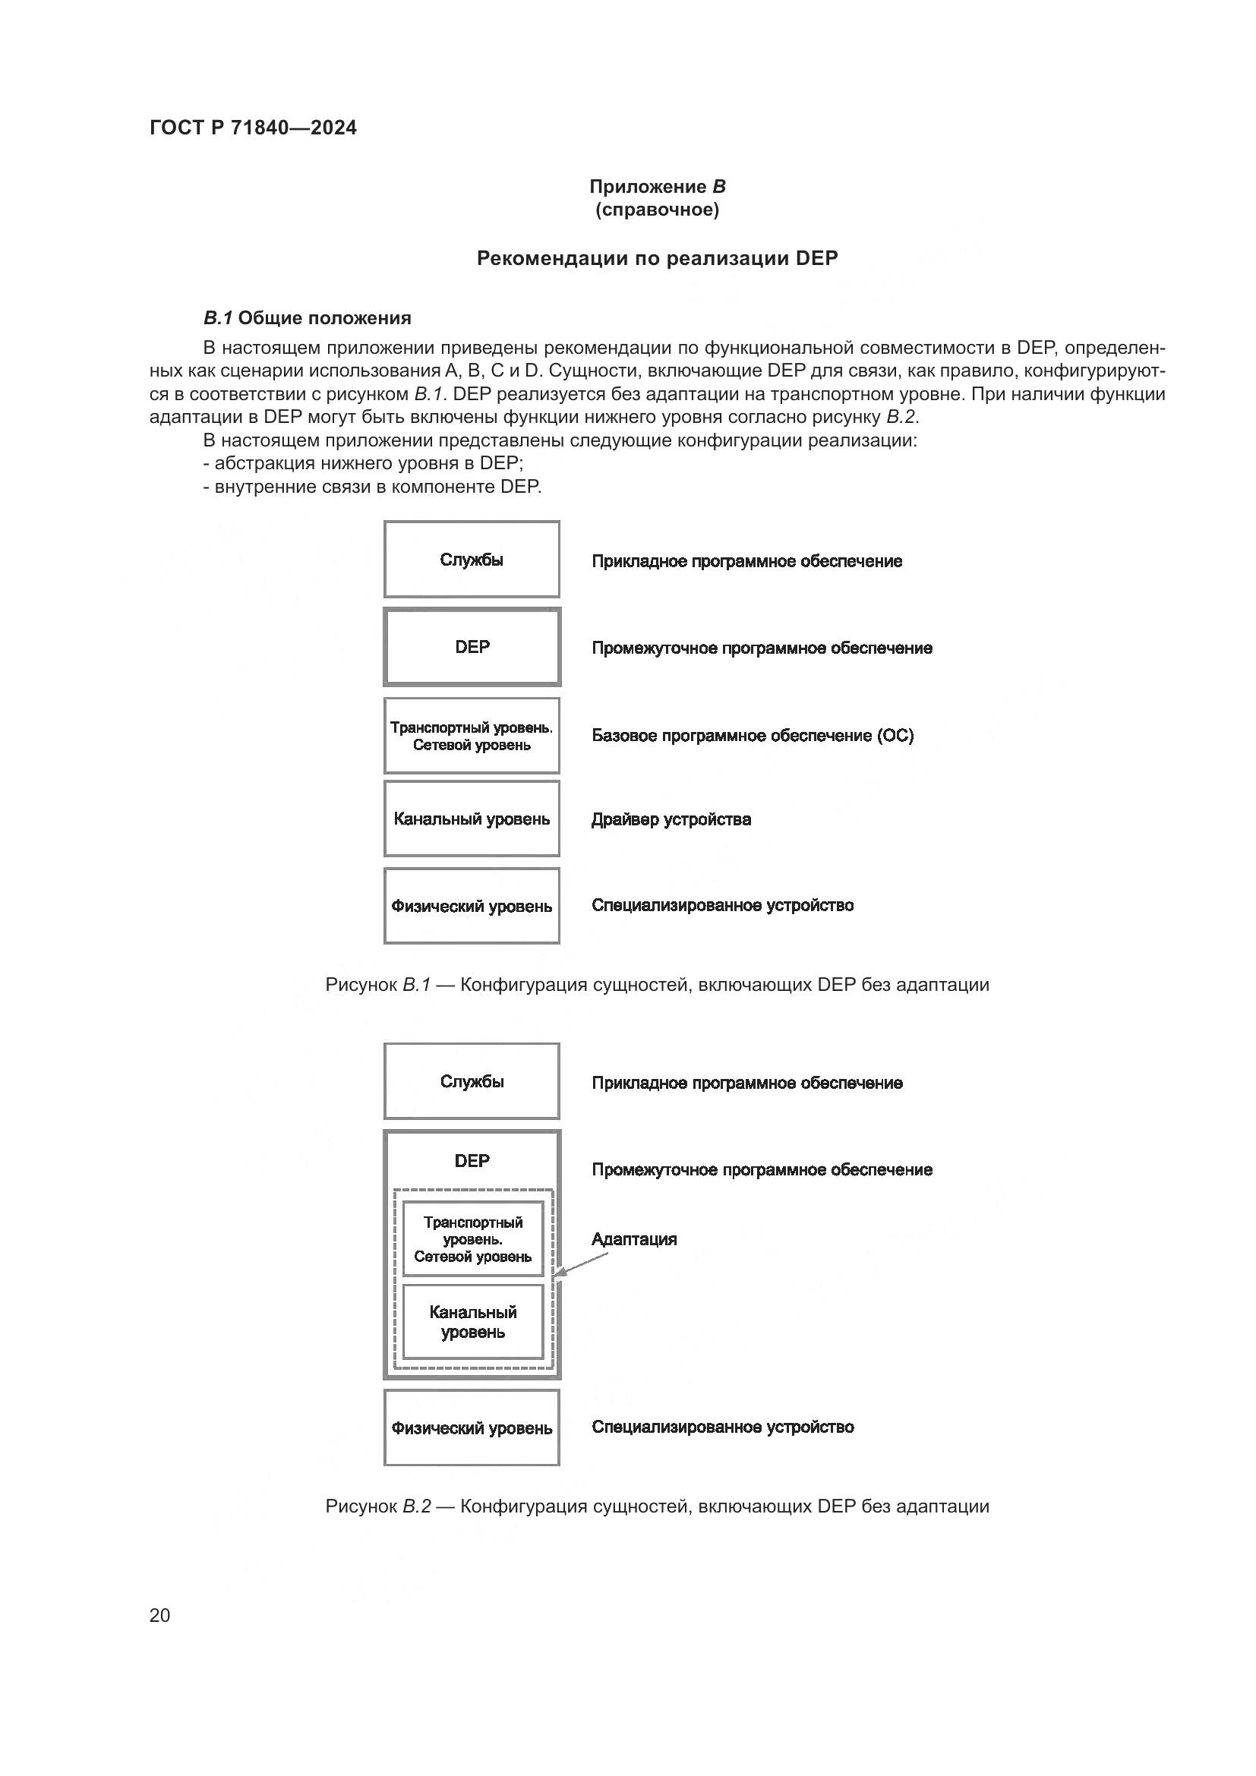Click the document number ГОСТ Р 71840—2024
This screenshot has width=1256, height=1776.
click(x=253, y=128)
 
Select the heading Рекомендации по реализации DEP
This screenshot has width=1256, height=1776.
click(x=657, y=258)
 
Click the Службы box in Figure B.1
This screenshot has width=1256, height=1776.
click(x=472, y=560)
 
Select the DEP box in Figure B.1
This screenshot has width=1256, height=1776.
click(x=472, y=647)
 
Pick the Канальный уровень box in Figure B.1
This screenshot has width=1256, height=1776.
click(x=472, y=819)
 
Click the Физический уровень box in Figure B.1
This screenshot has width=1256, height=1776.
click(x=472, y=906)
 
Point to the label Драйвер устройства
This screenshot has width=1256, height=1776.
click(x=671, y=819)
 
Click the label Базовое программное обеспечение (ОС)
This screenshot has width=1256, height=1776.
click(x=753, y=736)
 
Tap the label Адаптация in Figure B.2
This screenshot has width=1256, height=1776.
click(x=634, y=1239)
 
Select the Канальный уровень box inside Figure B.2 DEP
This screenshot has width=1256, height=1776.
click(x=472, y=1322)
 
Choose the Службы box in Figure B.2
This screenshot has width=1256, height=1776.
click(x=472, y=1081)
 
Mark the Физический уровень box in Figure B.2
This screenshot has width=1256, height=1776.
click(x=472, y=1428)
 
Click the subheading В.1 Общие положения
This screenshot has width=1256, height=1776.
click(x=307, y=318)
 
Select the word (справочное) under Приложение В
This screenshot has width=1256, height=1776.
click(x=657, y=210)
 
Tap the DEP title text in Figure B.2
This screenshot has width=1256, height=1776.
click(x=472, y=1160)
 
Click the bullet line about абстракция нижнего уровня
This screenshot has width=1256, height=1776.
click(x=364, y=463)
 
